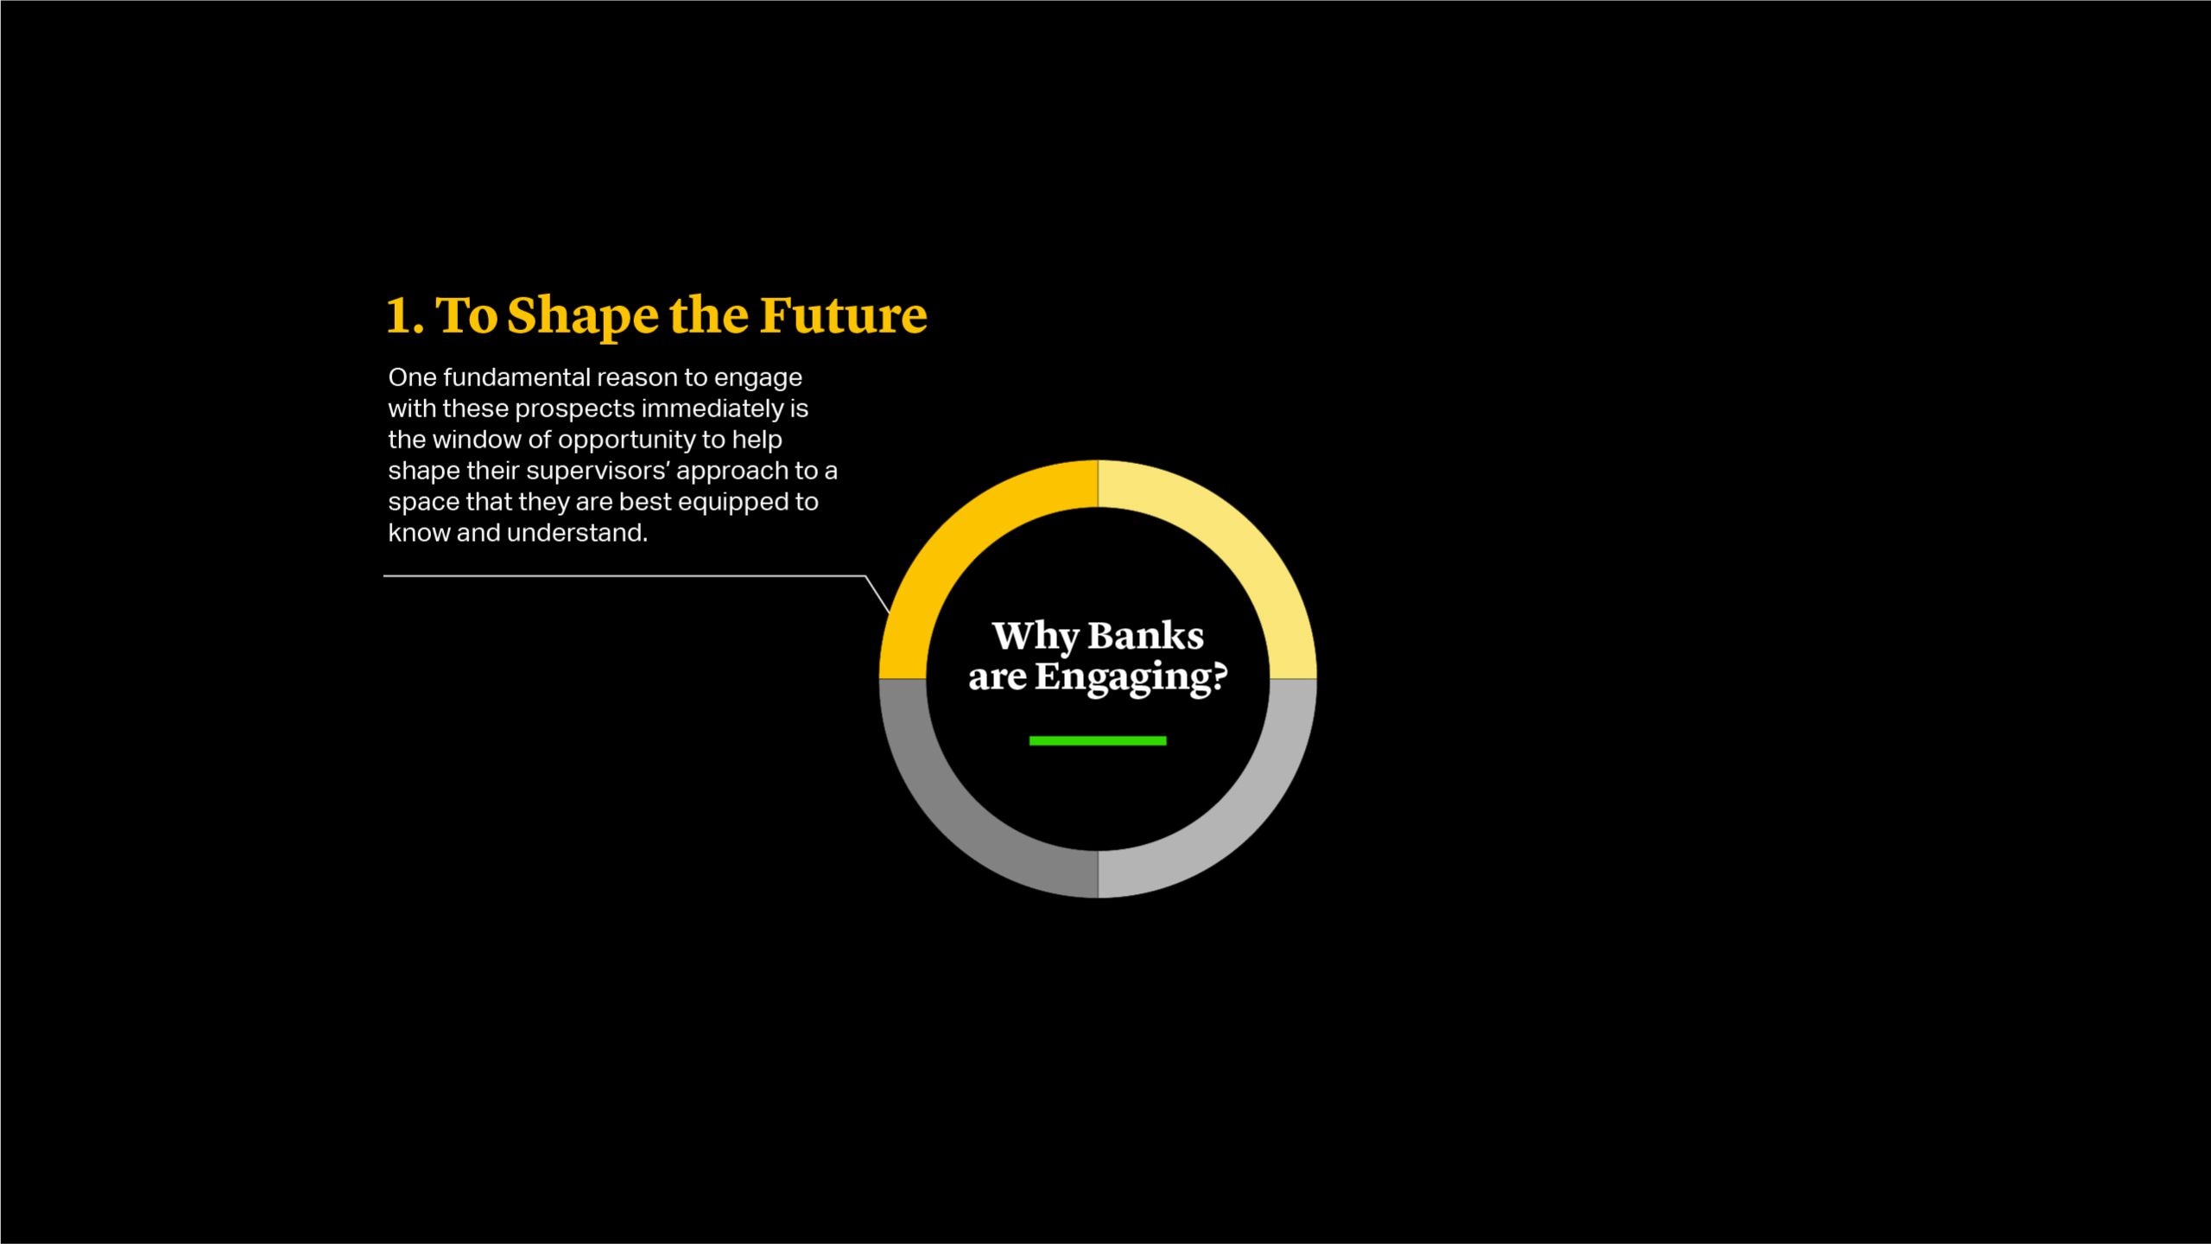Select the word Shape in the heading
click(583, 317)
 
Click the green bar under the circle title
click(1098, 740)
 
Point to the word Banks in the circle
click(1145, 637)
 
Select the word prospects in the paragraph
click(574, 409)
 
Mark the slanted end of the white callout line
click(890, 612)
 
